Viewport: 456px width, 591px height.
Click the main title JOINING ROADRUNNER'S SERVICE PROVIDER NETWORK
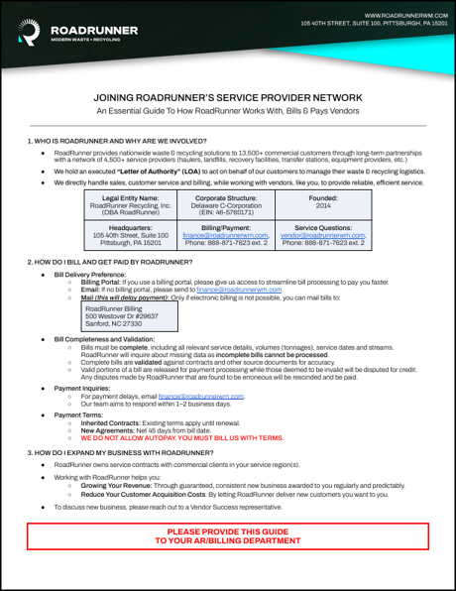click(x=227, y=99)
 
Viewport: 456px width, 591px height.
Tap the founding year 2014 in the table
click(x=324, y=205)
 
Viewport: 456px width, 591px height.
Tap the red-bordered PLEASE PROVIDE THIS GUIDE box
click(x=227, y=536)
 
